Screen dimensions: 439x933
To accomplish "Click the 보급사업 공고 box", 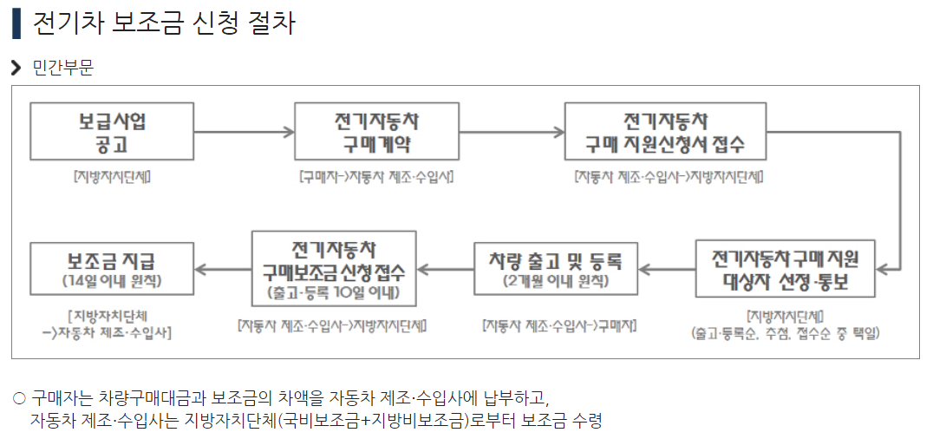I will (113, 131).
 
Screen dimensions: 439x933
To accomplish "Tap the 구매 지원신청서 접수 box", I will (665, 131).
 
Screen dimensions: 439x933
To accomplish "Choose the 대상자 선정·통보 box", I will (785, 270).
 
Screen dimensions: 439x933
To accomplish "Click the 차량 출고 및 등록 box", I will (556, 270).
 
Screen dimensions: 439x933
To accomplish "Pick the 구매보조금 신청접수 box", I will (334, 270).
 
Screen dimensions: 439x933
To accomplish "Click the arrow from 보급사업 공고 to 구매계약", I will (245, 132).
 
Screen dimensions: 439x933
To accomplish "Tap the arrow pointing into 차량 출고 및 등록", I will (667, 270).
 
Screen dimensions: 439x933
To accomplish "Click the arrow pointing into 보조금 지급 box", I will (222, 270).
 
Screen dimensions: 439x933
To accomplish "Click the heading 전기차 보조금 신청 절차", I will (164, 23).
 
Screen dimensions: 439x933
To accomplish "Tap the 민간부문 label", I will (62, 68).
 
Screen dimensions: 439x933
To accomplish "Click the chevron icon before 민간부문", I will (16, 68).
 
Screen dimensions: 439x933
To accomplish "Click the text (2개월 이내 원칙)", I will (556, 281).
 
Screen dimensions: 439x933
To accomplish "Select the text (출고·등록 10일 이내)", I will (334, 292).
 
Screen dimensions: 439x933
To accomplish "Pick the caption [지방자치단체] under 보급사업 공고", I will (113, 176).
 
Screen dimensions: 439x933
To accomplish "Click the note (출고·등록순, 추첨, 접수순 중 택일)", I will (785, 332).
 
